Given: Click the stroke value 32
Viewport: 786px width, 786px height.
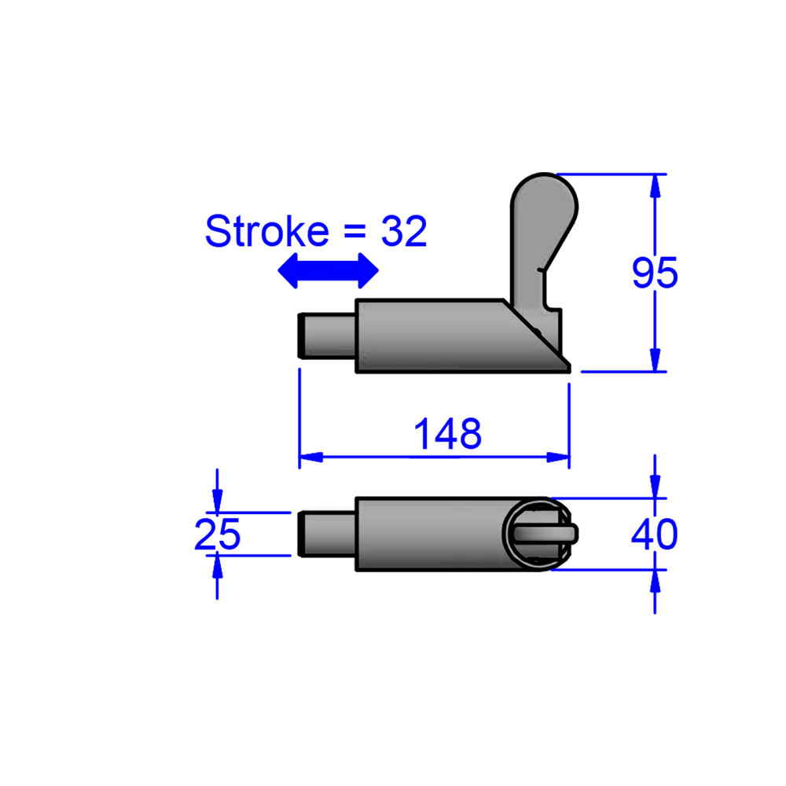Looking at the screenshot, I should [404, 232].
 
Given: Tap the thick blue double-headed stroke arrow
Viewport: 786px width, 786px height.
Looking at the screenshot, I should [329, 270].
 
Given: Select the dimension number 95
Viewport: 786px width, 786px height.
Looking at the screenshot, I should [655, 274].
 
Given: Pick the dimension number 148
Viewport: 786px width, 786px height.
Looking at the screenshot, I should [447, 434].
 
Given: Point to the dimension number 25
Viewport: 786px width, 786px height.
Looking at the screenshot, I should [217, 535].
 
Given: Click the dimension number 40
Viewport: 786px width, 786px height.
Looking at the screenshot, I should [654, 535].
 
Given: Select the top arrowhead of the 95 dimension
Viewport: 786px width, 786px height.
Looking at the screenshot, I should [655, 185].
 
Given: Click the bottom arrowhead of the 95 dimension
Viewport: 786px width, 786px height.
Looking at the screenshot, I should [655, 360].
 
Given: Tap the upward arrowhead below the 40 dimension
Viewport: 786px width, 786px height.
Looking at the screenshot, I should [655, 582].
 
